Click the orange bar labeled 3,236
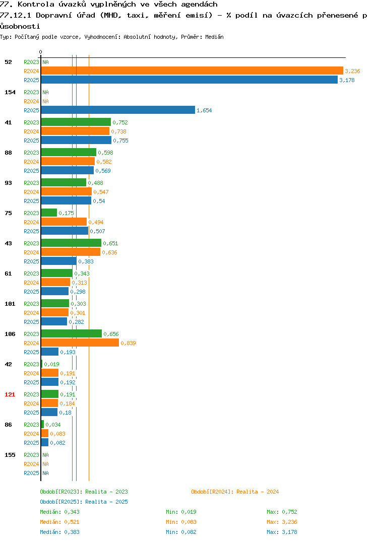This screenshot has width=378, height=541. click(x=192, y=71)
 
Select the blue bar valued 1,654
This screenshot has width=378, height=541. click(x=118, y=110)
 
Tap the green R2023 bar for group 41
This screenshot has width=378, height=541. click(x=76, y=122)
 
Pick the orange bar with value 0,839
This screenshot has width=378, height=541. click(x=80, y=343)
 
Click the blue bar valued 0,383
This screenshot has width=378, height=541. click(x=58, y=261)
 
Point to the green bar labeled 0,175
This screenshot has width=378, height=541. click(x=49, y=213)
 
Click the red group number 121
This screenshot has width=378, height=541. click(x=10, y=394)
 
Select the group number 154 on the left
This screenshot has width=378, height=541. click(x=10, y=92)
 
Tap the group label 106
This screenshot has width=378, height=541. click(x=10, y=334)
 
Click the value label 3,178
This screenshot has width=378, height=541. click(x=347, y=80)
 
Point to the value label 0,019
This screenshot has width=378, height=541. click(x=52, y=364)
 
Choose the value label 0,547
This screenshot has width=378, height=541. click(x=101, y=192)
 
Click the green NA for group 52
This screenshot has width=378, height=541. click(x=45, y=62)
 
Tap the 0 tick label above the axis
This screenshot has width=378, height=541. click(x=40, y=52)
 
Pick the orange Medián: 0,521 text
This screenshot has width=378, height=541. click(x=59, y=522)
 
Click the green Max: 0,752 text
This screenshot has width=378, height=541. click(x=282, y=512)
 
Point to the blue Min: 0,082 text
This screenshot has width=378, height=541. click(x=181, y=532)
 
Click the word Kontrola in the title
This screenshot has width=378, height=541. click(x=36, y=4)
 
